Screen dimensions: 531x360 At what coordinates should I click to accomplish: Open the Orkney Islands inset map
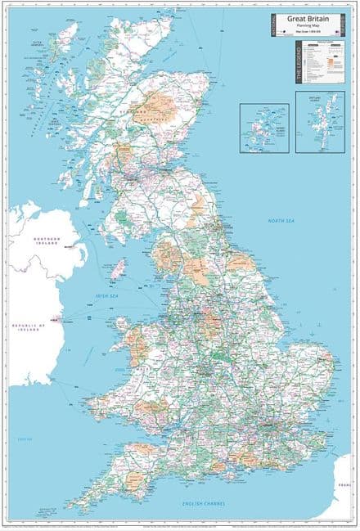pyautogui.click(x=263, y=128)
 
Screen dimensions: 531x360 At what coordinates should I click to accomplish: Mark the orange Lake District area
pyautogui.click(x=169, y=254)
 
